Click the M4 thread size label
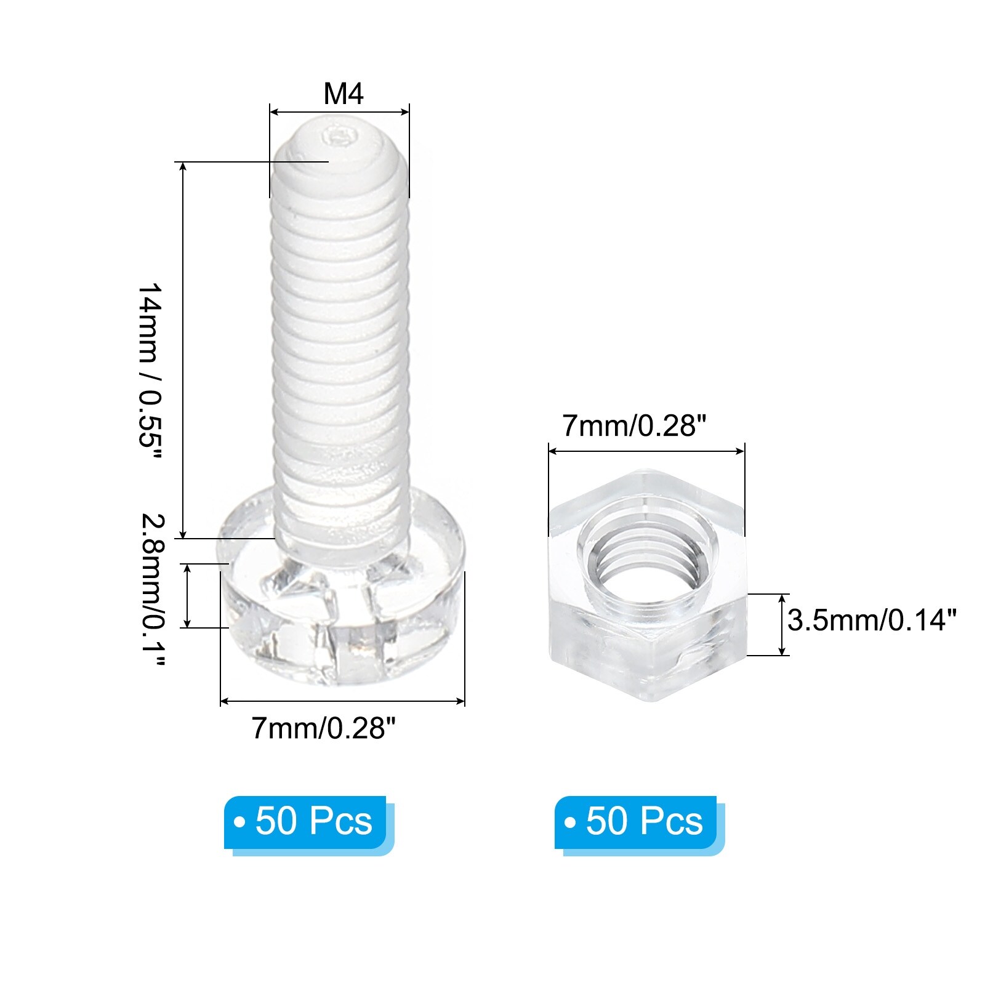pos(344,94)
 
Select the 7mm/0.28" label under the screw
pos(323,729)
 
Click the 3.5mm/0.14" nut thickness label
pos(872,620)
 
